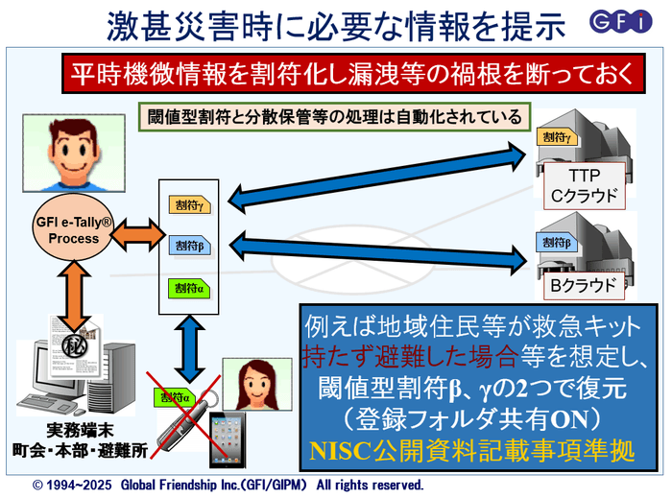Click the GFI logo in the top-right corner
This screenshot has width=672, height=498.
click(x=632, y=21)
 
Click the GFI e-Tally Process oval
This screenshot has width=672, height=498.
click(x=74, y=231)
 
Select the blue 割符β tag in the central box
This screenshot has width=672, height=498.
click(x=189, y=246)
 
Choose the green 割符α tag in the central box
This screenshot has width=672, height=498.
click(x=188, y=287)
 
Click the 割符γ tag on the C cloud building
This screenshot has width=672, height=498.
click(x=559, y=138)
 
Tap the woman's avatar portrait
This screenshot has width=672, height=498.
click(x=254, y=387)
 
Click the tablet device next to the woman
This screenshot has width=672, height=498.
click(x=230, y=440)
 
